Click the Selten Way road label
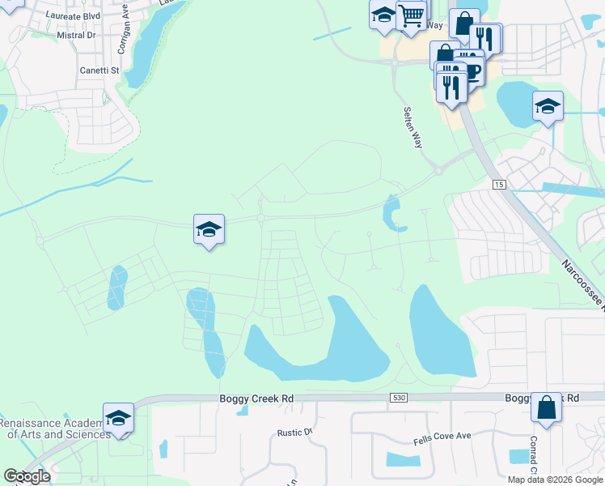(x=413, y=127)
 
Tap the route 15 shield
(x=501, y=185)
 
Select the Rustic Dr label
(x=294, y=433)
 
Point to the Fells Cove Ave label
(x=442, y=437)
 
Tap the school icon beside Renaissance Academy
(x=118, y=418)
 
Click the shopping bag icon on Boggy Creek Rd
(x=546, y=407)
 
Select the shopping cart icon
(x=412, y=14)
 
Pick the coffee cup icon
(x=471, y=71)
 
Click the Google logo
(x=27, y=476)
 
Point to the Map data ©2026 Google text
(x=556, y=480)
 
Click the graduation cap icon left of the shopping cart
(x=383, y=14)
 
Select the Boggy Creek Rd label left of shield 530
(x=253, y=399)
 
